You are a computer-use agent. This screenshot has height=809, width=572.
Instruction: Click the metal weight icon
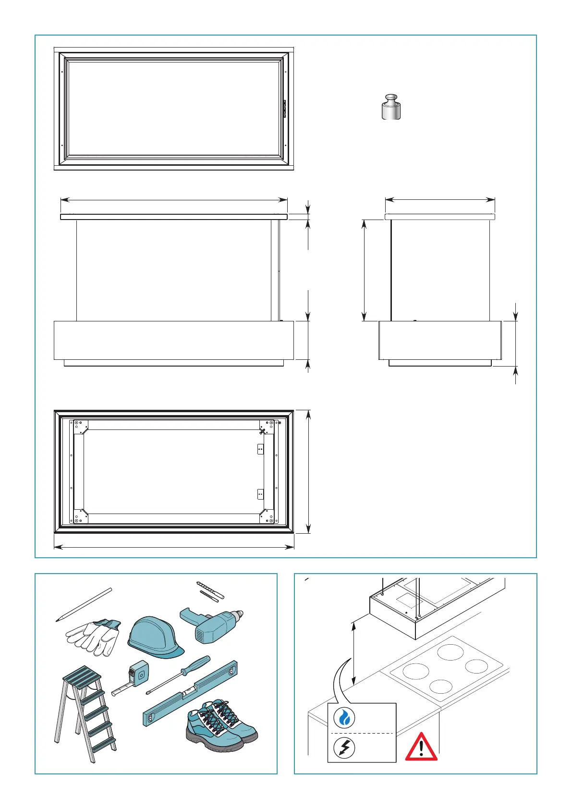click(391, 108)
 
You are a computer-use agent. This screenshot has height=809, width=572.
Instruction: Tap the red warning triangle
click(421, 747)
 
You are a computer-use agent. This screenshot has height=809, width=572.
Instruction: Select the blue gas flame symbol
click(344, 718)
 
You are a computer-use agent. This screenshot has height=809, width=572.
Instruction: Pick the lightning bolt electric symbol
click(344, 748)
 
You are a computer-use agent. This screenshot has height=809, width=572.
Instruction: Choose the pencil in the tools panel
click(84, 604)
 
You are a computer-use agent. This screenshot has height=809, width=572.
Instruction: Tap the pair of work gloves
click(94, 637)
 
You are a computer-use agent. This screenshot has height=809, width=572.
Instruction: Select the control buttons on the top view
click(284, 109)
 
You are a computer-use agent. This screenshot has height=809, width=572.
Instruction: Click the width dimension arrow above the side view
click(440, 199)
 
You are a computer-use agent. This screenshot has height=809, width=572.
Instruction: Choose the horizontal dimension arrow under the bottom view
click(174, 547)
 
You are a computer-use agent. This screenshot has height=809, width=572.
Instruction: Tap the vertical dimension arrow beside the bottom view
click(309, 471)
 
